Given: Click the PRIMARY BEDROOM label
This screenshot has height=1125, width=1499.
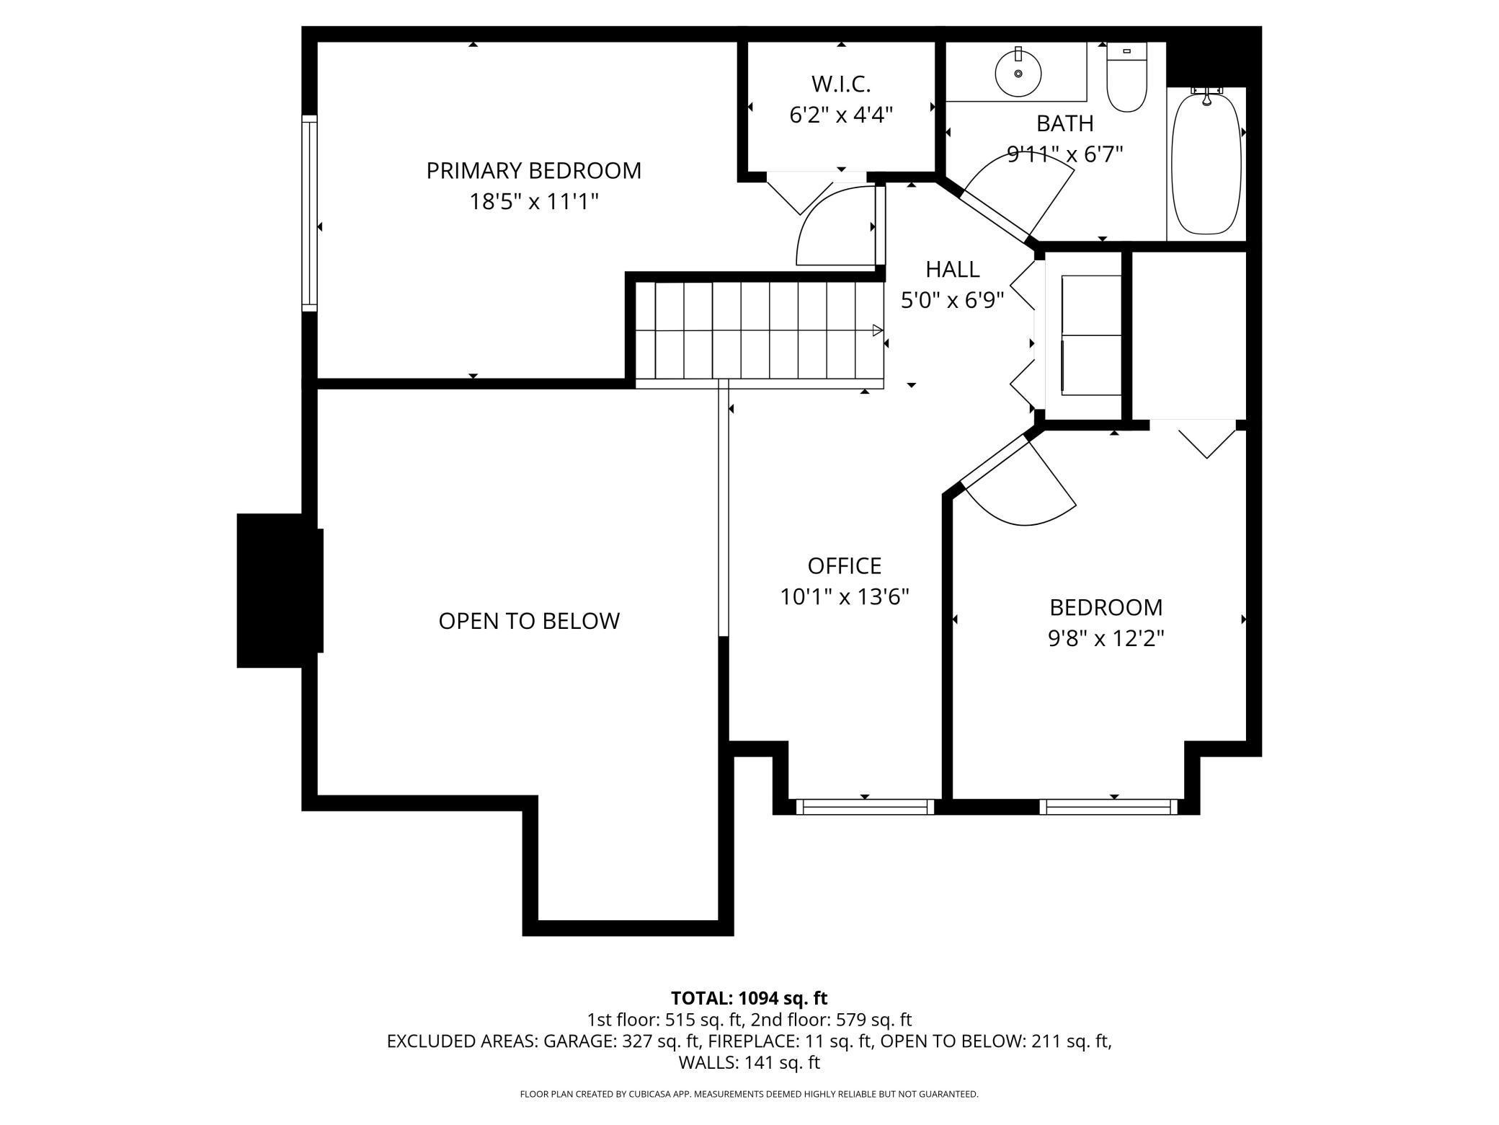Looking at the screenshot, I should click(x=533, y=171).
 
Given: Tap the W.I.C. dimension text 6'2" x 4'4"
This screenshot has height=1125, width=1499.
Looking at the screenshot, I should click(x=841, y=115).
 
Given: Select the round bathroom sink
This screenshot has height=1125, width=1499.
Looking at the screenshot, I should click(x=1018, y=73).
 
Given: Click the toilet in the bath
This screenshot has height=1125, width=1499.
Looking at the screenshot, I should click(x=1126, y=78).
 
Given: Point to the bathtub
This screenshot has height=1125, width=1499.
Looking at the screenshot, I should click(x=1206, y=162).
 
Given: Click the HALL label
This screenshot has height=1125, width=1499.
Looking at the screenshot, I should click(x=952, y=270).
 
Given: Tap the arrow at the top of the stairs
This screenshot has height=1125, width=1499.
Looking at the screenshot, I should click(x=877, y=330).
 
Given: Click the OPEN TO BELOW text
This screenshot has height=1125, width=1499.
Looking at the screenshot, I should click(x=529, y=621).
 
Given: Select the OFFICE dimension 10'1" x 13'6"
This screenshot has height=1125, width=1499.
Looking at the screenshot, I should click(x=844, y=597).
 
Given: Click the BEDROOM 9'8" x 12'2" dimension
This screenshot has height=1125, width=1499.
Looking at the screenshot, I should click(x=1106, y=638).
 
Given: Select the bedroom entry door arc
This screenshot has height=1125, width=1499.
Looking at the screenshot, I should click(x=1023, y=490).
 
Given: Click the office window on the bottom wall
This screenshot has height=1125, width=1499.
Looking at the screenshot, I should click(x=864, y=807).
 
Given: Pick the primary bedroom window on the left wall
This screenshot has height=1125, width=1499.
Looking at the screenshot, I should click(x=309, y=213).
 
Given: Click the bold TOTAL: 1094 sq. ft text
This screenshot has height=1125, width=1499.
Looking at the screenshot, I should click(x=749, y=998).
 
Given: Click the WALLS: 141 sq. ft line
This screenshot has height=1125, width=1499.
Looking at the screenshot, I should click(x=749, y=1062).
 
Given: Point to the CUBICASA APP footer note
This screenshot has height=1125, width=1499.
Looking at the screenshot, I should click(x=749, y=1094).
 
